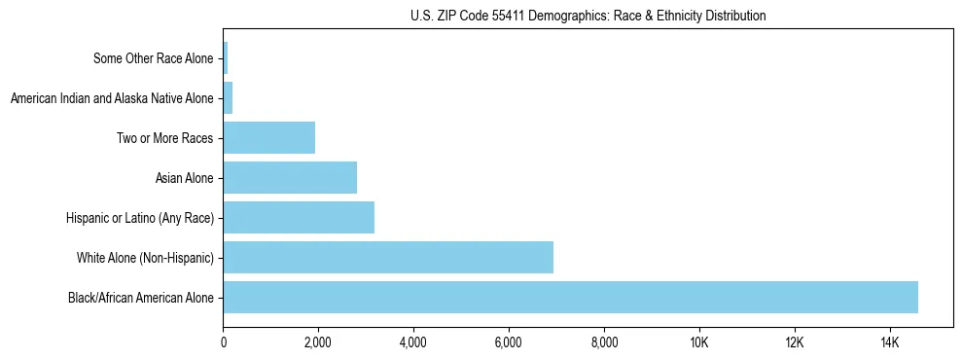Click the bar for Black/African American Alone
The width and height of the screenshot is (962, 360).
[x=570, y=297]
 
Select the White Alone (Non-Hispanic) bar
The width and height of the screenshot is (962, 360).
[x=388, y=257]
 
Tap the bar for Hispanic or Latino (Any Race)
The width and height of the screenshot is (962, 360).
[x=299, y=217]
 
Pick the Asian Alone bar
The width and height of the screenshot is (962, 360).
[x=290, y=177]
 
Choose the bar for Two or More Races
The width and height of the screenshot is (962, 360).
[x=269, y=137]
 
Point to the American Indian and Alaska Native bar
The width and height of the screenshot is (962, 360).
[x=229, y=97]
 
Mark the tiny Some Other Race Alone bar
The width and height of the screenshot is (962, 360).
[x=226, y=57]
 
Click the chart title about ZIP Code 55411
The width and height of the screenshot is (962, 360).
[x=588, y=16]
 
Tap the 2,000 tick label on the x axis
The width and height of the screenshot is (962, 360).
[x=318, y=342]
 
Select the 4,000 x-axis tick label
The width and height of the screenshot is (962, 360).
[x=413, y=342]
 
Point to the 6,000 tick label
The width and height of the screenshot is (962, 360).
[x=509, y=342]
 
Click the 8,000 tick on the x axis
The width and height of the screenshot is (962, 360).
[x=604, y=342]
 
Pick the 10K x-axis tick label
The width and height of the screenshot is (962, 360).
[x=699, y=342]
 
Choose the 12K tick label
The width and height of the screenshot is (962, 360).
[x=795, y=342]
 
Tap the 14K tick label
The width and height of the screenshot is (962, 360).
[x=890, y=342]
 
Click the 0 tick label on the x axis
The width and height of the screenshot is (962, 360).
[x=224, y=342]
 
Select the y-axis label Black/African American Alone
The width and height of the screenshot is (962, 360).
[x=141, y=298]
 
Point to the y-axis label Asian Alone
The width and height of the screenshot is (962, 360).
[x=184, y=178]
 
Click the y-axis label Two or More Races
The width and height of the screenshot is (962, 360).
[x=164, y=138]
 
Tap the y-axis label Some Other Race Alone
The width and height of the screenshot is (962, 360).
[x=153, y=58]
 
